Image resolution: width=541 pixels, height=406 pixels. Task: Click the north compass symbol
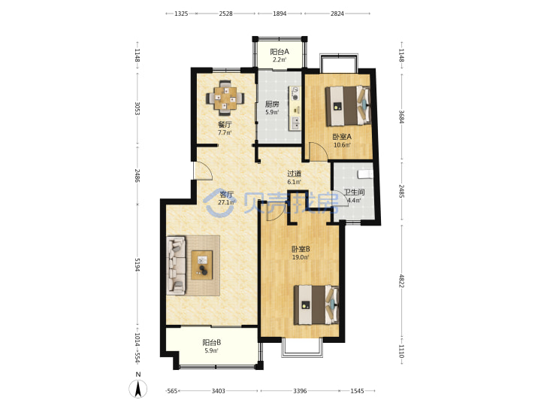(138, 386)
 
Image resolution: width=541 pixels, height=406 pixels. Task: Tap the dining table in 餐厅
(225, 98)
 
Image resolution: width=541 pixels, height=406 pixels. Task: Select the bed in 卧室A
(348, 106)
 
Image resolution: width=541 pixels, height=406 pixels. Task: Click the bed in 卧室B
(316, 304)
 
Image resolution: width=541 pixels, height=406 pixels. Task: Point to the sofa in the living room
(177, 265)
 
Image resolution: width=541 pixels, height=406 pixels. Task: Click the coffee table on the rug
(202, 265)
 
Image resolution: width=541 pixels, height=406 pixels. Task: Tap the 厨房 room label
(272, 104)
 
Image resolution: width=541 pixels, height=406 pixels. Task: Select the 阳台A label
(280, 52)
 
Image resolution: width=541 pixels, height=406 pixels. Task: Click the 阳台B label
(211, 343)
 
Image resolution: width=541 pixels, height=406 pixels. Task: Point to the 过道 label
(295, 174)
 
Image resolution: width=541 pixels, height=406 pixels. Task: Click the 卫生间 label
(354, 192)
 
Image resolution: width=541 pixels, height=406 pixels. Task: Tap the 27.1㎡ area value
(226, 202)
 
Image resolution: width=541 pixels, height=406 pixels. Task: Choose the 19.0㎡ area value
(300, 257)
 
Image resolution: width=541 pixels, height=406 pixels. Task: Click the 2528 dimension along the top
(225, 14)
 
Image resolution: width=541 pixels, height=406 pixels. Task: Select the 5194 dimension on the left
(138, 265)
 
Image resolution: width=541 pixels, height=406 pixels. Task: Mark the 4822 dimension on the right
(401, 280)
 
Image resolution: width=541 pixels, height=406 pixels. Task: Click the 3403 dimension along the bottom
(218, 391)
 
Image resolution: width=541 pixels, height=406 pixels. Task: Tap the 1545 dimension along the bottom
(357, 391)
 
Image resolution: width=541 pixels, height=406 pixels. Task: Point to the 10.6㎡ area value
(342, 144)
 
